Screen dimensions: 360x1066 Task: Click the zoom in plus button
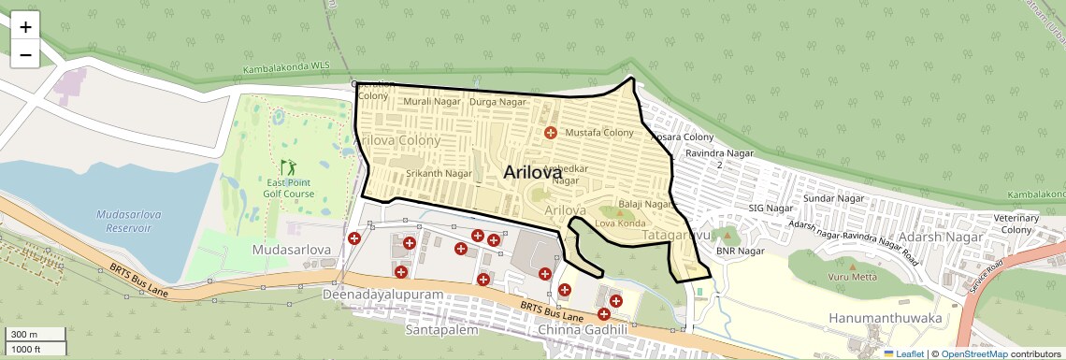[x=25, y=27]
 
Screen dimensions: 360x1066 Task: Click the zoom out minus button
[x=25, y=54]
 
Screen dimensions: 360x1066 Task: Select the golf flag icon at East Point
[x=288, y=166]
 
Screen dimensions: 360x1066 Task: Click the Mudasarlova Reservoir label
[x=129, y=221]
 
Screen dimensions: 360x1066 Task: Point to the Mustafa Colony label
[x=599, y=133]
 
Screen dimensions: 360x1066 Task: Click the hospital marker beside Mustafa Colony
[x=551, y=133]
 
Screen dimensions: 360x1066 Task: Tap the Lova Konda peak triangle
[x=619, y=214]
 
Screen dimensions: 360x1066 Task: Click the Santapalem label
[x=441, y=330]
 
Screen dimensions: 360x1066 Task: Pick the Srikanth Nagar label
[x=439, y=173]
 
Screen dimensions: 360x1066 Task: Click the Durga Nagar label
[x=497, y=101]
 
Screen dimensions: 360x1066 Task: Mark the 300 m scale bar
[x=35, y=335]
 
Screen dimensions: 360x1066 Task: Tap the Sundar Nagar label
[x=830, y=199]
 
